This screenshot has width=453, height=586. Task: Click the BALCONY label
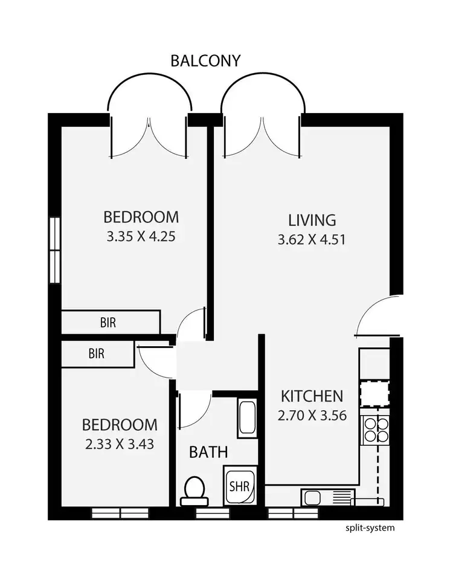[x=205, y=60]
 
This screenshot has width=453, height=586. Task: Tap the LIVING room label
[x=311, y=219]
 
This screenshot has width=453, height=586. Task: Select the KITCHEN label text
[x=312, y=397]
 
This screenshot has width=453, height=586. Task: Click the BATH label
[x=209, y=451]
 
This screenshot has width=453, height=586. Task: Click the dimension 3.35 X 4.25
[x=141, y=237]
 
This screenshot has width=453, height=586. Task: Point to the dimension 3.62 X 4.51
[x=311, y=239]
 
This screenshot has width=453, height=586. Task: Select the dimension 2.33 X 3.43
[x=120, y=445]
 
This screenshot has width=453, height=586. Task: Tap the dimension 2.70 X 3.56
[x=312, y=417]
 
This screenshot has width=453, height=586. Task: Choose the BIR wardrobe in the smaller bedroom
[x=97, y=353]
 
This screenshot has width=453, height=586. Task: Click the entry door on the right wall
[x=379, y=315]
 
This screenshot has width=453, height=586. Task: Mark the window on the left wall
[x=55, y=250]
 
